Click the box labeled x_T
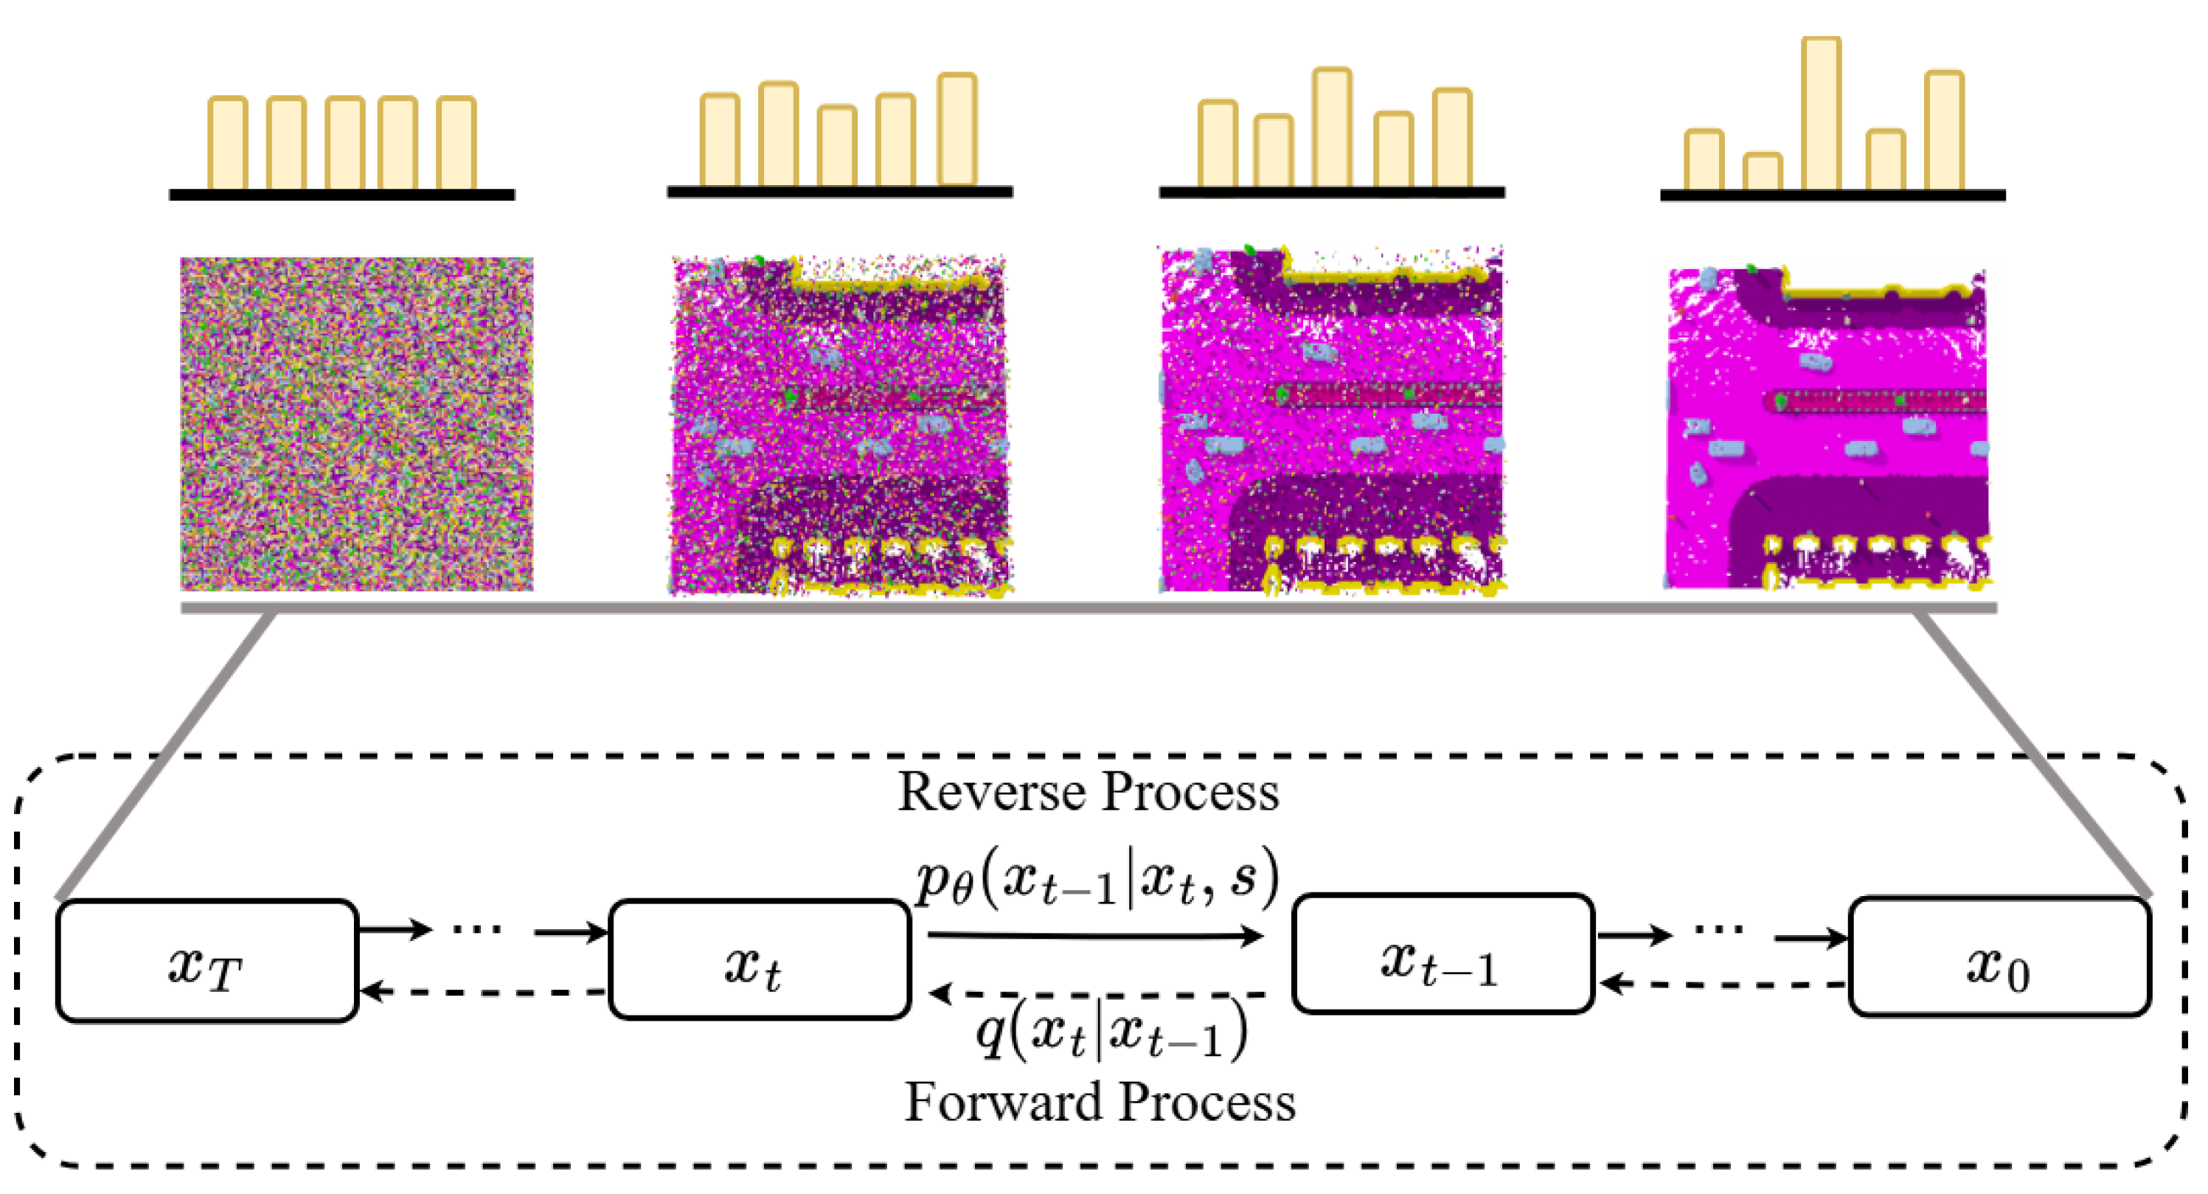click(206, 961)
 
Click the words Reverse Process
click(1087, 791)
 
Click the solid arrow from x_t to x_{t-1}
click(1095, 935)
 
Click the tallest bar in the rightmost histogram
click(1821, 113)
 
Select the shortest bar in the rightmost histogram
click(1763, 171)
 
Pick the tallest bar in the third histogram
click(1331, 127)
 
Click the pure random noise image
click(357, 423)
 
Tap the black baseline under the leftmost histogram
click(341, 195)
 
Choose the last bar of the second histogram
click(957, 128)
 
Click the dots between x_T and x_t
click(476, 929)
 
